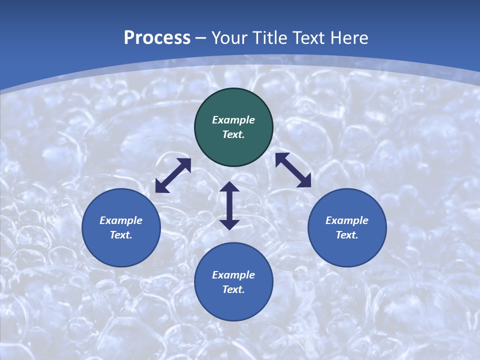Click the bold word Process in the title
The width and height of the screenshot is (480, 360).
(157, 38)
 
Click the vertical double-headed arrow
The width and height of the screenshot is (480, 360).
(229, 205)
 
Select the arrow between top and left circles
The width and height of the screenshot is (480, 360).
(173, 175)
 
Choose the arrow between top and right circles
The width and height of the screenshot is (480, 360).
(293, 170)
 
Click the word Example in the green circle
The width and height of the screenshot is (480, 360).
(233, 120)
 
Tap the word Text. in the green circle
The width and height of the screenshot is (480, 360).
(233, 134)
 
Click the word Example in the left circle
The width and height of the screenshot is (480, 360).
(121, 220)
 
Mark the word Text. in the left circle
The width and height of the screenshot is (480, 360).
(121, 235)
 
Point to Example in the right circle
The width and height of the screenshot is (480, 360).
(347, 220)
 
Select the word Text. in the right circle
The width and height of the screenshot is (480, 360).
(347, 235)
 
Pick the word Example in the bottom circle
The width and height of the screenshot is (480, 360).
(233, 275)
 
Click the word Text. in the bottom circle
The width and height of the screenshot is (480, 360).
(233, 289)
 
